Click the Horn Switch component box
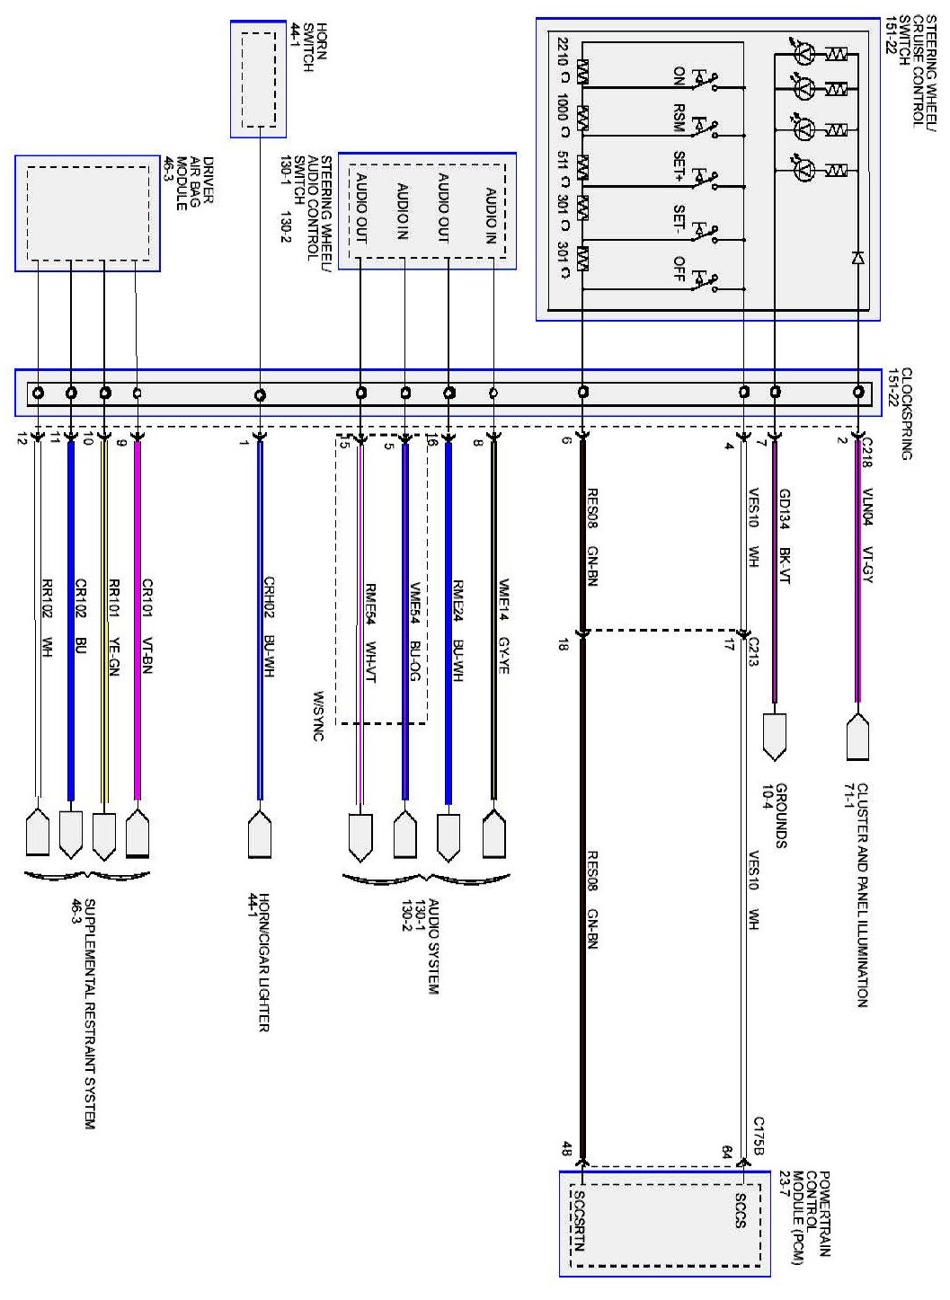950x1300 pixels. point(259,79)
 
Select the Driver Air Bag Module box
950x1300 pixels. point(87,213)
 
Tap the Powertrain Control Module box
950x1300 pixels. point(665,1223)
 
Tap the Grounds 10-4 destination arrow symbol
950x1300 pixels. point(774,736)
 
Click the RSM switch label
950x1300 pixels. point(679,119)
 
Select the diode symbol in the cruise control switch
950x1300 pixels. point(857,258)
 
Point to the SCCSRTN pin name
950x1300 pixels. point(579,1222)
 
